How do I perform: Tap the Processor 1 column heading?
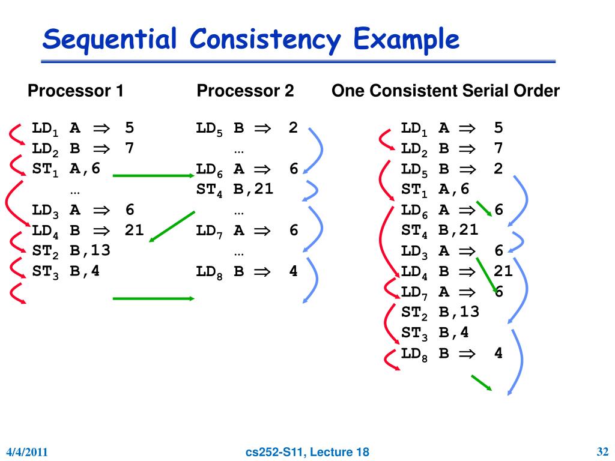point(76,91)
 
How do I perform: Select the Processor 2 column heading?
point(246,91)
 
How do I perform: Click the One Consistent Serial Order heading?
point(446,91)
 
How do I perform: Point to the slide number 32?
point(603,451)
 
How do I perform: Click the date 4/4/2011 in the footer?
point(27,452)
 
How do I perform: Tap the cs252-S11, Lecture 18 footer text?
point(308,452)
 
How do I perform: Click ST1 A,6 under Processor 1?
point(66,169)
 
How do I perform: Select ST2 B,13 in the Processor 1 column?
point(71,250)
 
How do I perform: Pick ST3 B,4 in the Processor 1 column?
point(66,271)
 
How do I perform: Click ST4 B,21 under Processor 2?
point(235,190)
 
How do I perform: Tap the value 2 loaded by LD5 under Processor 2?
point(293,128)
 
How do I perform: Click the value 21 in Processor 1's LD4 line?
point(134,230)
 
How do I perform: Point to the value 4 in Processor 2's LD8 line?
point(293,271)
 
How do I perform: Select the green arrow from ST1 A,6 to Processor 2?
point(153,176)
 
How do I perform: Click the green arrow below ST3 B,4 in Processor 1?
point(153,298)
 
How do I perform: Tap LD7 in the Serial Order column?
point(414,292)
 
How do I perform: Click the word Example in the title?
point(406,40)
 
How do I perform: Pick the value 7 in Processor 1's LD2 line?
point(129,148)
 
